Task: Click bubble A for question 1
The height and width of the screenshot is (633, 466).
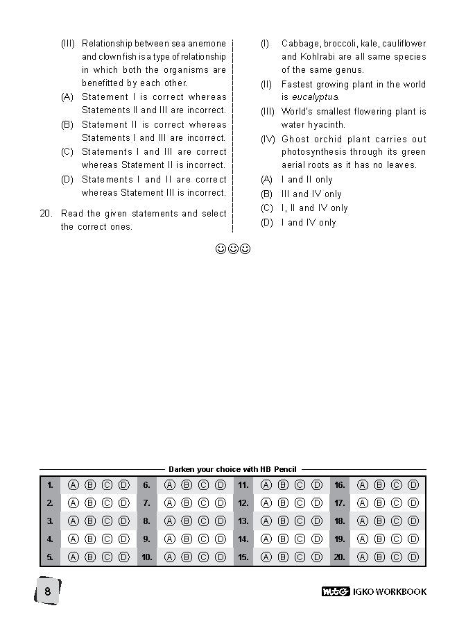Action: pyautogui.click(x=73, y=485)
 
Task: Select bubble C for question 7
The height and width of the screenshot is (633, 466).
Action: pyautogui.click(x=204, y=503)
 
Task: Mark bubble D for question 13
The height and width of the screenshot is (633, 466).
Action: pyautogui.click(x=317, y=521)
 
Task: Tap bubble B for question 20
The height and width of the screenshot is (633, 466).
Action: pyautogui.click(x=379, y=557)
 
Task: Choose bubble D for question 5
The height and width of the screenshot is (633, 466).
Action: pyautogui.click(x=124, y=557)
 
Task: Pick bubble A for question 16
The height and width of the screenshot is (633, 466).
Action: pyautogui.click(x=362, y=485)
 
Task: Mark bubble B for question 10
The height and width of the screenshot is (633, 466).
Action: pyautogui.click(x=187, y=557)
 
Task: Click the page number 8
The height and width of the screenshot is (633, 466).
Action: pyautogui.click(x=47, y=591)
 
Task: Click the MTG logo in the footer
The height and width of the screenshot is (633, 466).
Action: pyautogui.click(x=336, y=592)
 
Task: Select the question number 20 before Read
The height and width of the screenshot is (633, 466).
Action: pyautogui.click(x=46, y=214)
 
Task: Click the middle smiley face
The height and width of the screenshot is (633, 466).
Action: pyautogui.click(x=233, y=248)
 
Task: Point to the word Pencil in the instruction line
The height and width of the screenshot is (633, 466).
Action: pyautogui.click(x=285, y=470)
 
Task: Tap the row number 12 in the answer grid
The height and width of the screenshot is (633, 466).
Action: pyautogui.click(x=243, y=503)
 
